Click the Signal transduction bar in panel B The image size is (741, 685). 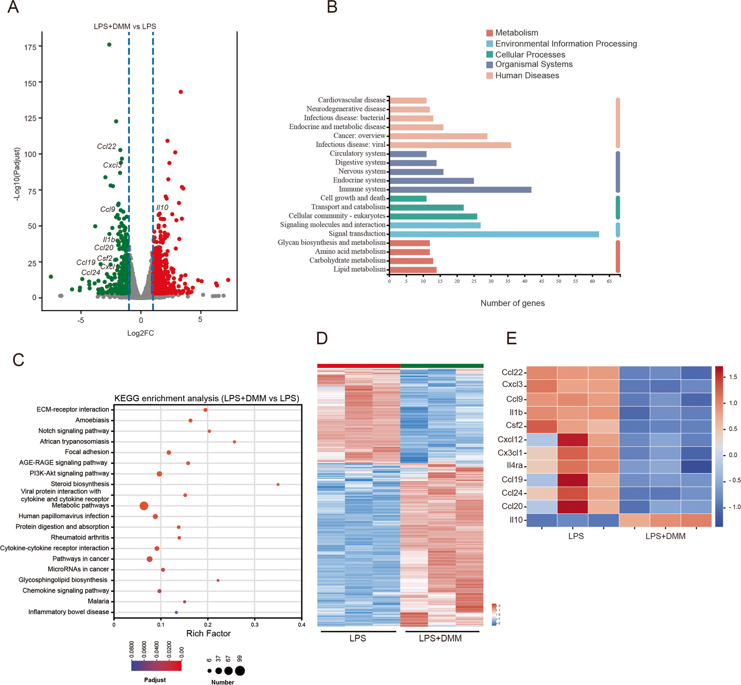click(494, 234)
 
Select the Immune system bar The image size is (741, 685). click(460, 190)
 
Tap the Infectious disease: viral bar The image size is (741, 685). click(450, 145)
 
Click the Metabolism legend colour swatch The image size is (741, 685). click(489, 33)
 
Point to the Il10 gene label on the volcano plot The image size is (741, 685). click(162, 208)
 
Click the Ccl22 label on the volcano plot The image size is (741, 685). click(106, 146)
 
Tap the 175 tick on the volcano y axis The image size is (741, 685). click(30, 47)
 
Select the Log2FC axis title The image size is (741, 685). click(140, 333)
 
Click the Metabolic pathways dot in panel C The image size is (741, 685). click(144, 505)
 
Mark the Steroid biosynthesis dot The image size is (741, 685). click(278, 485)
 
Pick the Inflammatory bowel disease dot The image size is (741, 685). click(176, 612)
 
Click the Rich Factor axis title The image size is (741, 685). click(208, 634)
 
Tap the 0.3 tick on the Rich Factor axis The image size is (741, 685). click(255, 624)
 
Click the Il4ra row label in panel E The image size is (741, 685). click(514, 466)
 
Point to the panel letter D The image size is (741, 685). click(322, 338)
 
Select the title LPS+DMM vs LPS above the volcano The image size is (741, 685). click(124, 26)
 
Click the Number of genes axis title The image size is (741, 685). click(512, 303)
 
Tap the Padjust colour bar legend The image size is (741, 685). click(156, 666)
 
